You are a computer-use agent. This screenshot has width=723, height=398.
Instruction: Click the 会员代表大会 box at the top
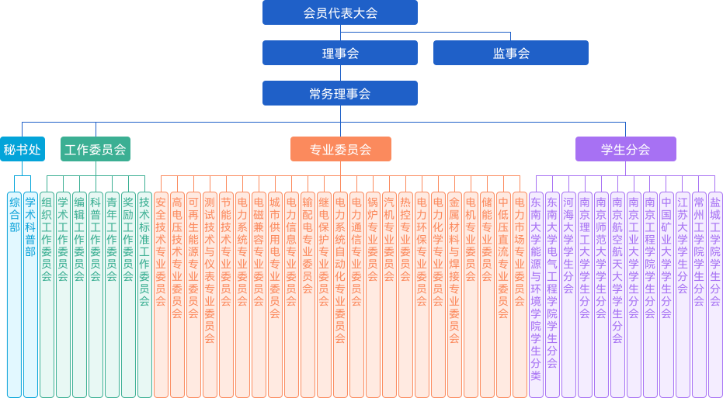(x=339, y=12)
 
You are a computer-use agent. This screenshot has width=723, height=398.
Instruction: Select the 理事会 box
(x=339, y=53)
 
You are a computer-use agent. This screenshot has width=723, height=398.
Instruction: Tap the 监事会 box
(x=510, y=53)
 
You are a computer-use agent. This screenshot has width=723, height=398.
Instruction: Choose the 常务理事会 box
(x=339, y=93)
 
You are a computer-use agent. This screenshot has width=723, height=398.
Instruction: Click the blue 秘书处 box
(x=22, y=149)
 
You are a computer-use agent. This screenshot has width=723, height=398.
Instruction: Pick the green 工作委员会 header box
(x=96, y=149)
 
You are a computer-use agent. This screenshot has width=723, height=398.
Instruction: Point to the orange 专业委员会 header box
(x=340, y=149)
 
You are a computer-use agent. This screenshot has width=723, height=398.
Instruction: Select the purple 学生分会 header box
(x=625, y=149)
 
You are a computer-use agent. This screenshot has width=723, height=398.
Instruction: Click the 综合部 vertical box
(x=14, y=295)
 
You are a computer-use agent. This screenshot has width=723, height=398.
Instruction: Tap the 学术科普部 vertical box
(x=30, y=295)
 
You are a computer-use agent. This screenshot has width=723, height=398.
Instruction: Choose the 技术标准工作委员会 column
(x=144, y=295)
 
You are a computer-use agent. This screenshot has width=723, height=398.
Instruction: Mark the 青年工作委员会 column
(x=112, y=295)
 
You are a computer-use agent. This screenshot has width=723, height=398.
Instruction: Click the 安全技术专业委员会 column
(x=161, y=295)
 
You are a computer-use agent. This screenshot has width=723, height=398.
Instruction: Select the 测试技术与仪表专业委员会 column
(x=210, y=295)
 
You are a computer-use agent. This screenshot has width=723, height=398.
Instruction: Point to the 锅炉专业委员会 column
(x=373, y=295)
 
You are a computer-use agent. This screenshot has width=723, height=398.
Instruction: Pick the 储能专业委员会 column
(x=487, y=295)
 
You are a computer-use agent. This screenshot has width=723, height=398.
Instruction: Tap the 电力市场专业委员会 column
(x=520, y=295)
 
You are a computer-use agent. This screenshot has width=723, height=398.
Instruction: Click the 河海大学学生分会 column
(x=568, y=295)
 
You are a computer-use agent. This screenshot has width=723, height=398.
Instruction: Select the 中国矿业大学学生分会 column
(x=666, y=295)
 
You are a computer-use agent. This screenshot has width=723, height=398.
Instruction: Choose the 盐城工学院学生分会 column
(x=715, y=295)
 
